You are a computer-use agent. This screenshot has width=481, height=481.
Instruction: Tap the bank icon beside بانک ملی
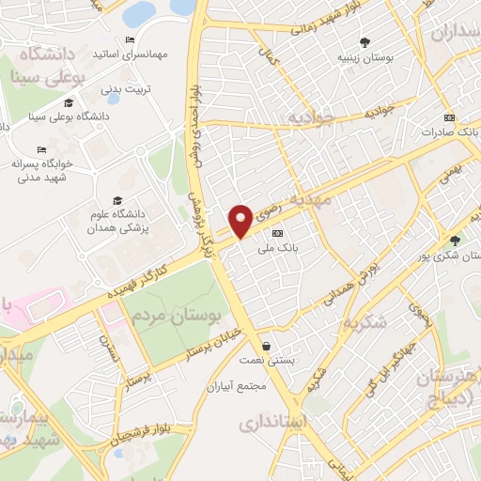coord(276,232)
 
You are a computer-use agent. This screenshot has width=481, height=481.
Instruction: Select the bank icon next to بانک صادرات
coord(449,118)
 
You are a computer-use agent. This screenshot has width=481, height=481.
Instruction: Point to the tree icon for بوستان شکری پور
coord(455,240)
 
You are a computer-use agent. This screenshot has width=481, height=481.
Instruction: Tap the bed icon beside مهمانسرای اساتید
coord(130,39)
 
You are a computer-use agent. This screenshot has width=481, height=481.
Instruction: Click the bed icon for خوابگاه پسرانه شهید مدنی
coord(41,150)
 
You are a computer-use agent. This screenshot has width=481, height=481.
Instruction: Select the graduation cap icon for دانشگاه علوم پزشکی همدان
coord(117,200)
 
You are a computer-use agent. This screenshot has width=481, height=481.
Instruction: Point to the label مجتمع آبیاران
coord(239,386)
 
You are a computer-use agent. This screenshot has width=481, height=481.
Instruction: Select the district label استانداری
coord(272,422)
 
